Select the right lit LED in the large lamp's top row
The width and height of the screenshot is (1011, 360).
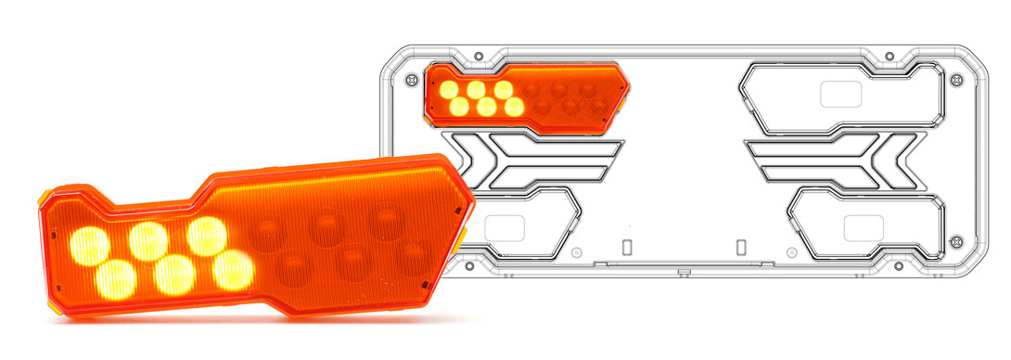[207, 236]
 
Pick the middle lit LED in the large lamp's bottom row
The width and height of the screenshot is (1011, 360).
[173, 274]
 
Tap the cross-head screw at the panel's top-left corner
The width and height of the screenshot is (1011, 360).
[409, 80]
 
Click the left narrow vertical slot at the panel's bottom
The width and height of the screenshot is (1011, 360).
[626, 248]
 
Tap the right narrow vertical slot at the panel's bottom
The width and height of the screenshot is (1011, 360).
[740, 248]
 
